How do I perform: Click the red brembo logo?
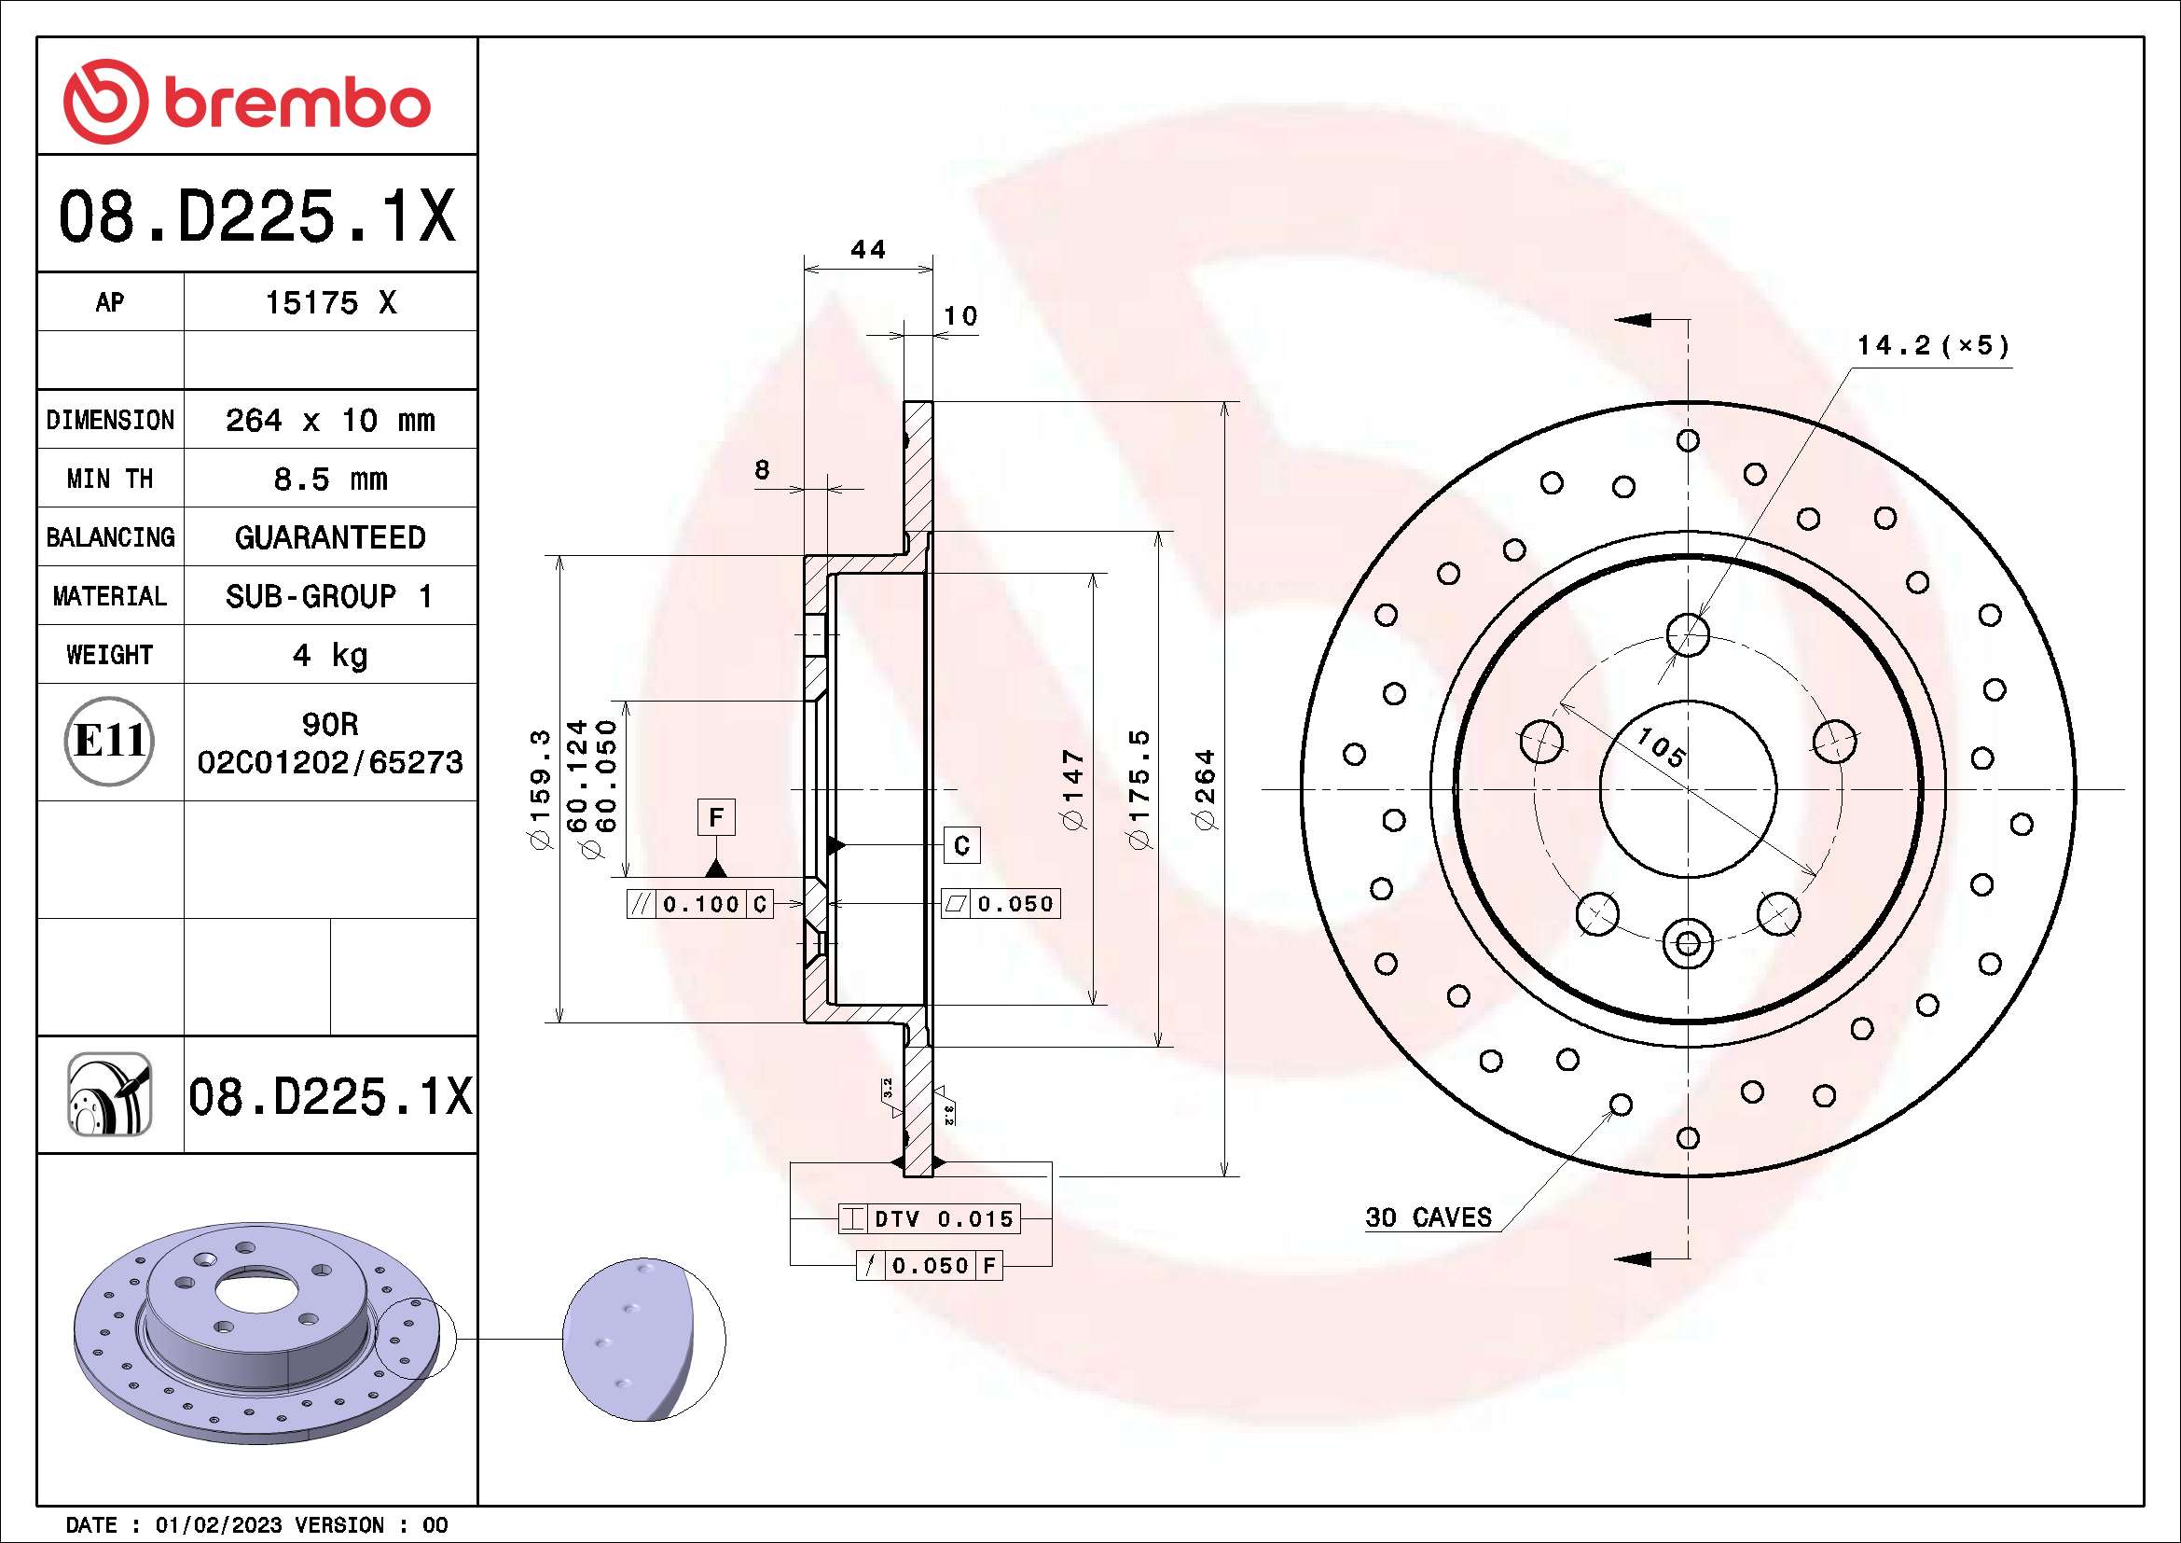coord(247,102)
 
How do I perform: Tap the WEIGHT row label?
coord(109,655)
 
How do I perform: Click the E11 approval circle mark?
coord(109,741)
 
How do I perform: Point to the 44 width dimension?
coord(867,250)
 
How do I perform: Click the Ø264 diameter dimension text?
coord(1205,789)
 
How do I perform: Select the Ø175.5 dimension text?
coord(1139,789)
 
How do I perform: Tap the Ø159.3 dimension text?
coord(540,789)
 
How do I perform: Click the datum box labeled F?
coord(716,817)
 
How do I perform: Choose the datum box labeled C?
coord(961,845)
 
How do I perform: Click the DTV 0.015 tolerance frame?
coord(929,1219)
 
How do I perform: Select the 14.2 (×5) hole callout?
coord(1933,346)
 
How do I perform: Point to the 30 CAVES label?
coord(1428,1217)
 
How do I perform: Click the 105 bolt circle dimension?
coord(1661,747)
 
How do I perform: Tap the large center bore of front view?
coord(1687,788)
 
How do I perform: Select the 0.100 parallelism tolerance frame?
coord(700,905)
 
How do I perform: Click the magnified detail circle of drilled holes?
coord(643,1340)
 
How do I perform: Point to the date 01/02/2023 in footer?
coord(218,1525)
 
